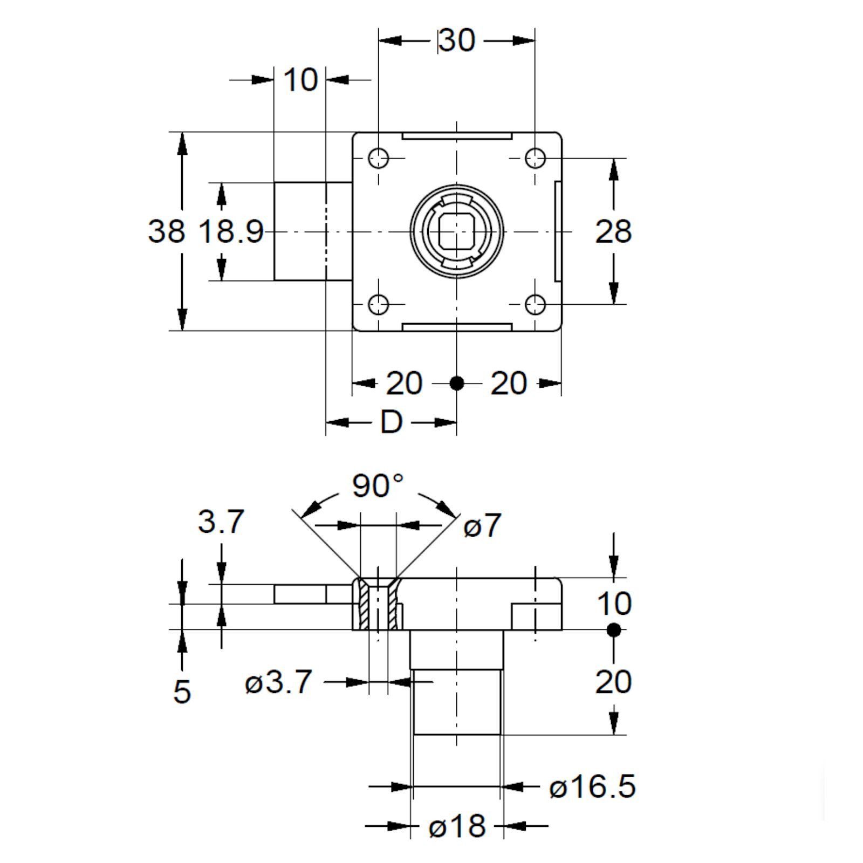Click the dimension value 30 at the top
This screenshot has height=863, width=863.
[457, 40]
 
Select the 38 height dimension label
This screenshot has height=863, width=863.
[166, 231]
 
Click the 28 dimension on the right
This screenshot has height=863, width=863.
[613, 231]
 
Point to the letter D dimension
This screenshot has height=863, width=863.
[392, 422]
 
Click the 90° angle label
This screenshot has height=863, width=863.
[378, 485]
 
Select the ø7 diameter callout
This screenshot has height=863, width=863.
[482, 525]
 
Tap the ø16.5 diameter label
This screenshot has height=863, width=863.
[592, 787]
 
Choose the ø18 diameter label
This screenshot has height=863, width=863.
[457, 826]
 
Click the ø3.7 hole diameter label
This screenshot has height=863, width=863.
[278, 682]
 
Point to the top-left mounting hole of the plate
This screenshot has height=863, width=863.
[379, 159]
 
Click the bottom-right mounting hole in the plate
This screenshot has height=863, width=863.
[535, 304]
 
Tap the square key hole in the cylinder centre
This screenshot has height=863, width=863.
[456, 232]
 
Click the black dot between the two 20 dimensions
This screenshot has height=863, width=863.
[457, 383]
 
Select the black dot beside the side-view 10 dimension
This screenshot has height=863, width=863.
[613, 629]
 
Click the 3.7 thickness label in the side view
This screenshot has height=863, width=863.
[221, 522]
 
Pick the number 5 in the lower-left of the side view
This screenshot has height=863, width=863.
[182, 691]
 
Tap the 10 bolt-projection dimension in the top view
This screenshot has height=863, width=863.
[300, 80]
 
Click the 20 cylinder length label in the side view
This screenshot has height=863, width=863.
[613, 682]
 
